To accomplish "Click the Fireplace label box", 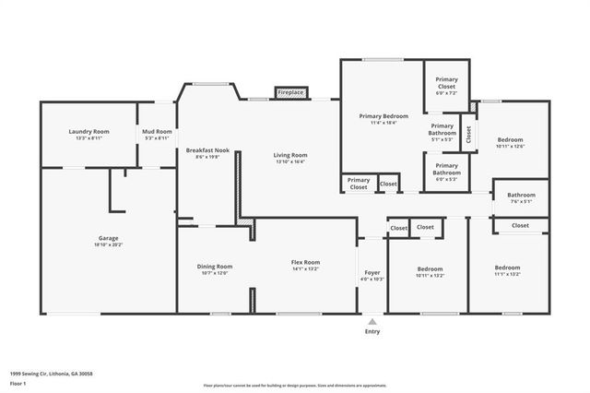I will (x=291, y=93).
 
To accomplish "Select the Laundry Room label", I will (x=88, y=132).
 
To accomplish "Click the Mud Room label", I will (x=157, y=132).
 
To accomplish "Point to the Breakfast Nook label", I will (x=207, y=149).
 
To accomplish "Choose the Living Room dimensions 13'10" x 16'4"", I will (x=290, y=162).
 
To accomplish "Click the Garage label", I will (x=109, y=238).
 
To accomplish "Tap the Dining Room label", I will (x=214, y=266).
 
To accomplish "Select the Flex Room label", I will (x=305, y=262).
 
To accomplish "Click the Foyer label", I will (x=372, y=272).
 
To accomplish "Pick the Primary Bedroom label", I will (x=383, y=115).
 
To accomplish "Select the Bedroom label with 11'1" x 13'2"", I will (x=507, y=268).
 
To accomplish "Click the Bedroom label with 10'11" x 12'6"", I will (x=509, y=139).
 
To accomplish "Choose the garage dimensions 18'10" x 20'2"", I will (x=109, y=244).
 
